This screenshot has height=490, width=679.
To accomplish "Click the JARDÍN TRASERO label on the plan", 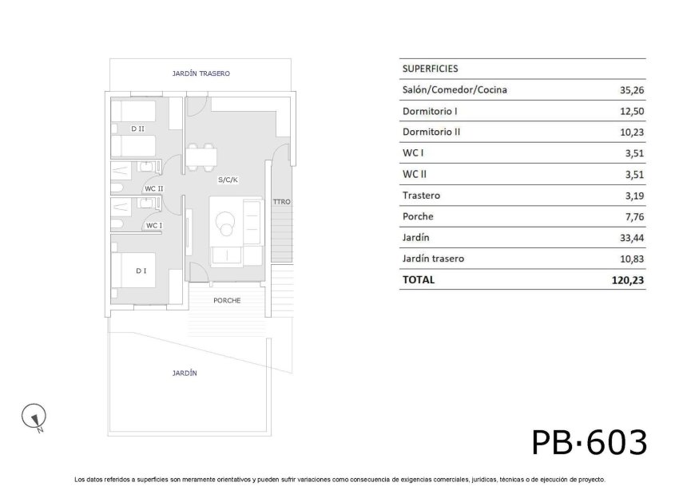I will pos(201,73).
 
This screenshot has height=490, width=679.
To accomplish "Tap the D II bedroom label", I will pos(137,128).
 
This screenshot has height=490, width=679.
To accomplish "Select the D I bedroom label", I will pos(141,271).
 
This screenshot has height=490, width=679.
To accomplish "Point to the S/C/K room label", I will pos(228,180).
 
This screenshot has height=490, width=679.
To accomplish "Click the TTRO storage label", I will pos(281,202).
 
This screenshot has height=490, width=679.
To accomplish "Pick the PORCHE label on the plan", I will pos(227,300).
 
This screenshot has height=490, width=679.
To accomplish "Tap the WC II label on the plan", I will pos(153,188).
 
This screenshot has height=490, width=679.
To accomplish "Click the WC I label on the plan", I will pos(153,225).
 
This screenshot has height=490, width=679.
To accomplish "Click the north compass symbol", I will pos(34,416).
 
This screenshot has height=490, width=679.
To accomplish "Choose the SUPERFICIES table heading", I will pos(431,69).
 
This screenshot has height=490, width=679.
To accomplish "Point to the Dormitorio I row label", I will pos(430,111).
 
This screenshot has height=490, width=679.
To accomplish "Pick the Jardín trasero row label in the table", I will pos(434,259).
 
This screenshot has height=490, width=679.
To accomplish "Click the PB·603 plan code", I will pos(589,441).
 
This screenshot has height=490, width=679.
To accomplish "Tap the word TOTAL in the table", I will pos(419,279).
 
